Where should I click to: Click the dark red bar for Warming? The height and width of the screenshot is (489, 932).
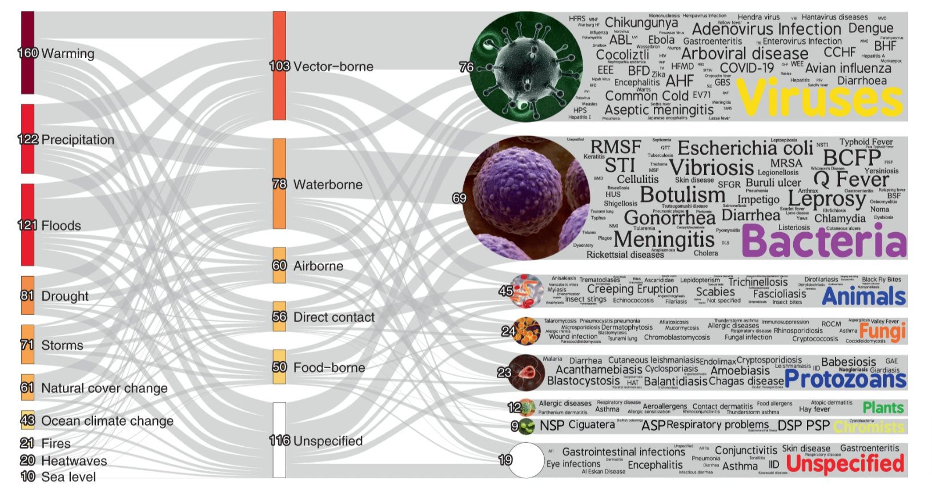pos(27,52)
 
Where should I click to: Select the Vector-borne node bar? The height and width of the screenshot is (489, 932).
pos(279,66)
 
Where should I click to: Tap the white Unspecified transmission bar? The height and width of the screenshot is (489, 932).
pos(279,439)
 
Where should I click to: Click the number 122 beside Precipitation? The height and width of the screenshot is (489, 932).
pos(28,139)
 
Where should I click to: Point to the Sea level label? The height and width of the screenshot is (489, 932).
pos(69,476)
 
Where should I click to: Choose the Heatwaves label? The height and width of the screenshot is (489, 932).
pos(74,460)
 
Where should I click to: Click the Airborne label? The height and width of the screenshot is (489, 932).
pos(318,266)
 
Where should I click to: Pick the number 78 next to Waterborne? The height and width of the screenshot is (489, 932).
pos(279,184)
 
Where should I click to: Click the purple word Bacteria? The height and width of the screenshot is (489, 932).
pos(823,241)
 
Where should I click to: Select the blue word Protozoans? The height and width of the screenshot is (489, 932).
pos(845,379)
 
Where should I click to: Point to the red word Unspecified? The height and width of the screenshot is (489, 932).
pos(845,464)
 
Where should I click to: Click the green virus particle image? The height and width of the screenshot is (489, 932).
pos(524,67)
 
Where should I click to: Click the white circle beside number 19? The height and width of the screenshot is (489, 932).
pos(526,460)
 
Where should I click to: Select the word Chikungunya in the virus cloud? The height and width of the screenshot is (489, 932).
pos(641,23)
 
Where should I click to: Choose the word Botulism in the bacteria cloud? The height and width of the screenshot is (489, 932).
pos(682,195)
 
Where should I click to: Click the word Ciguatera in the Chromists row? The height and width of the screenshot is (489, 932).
pos(592,425)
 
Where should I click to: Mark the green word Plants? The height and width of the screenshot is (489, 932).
pos(883,407)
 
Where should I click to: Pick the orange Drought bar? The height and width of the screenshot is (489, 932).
pos(27,296)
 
